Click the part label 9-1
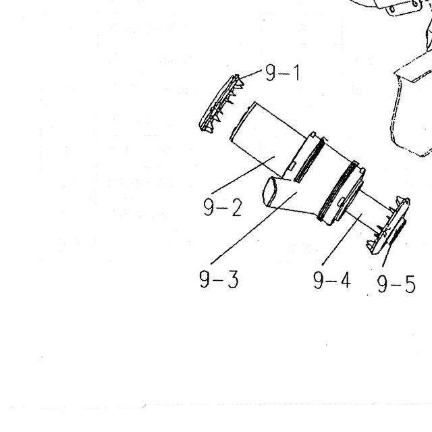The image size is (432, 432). (282, 72)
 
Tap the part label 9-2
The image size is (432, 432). (223, 207)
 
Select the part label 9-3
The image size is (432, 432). (219, 279)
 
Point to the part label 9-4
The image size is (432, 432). (332, 280)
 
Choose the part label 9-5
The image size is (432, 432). (396, 283)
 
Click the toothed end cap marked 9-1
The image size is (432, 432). (221, 104)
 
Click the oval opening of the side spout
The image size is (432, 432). (269, 192)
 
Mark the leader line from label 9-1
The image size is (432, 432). (250, 74)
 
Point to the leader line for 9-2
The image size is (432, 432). (243, 175)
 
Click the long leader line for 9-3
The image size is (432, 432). (254, 228)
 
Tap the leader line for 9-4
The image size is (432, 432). (342, 239)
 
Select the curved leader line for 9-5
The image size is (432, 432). (385, 255)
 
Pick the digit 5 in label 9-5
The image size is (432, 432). (410, 284)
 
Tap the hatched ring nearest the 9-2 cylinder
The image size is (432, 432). (309, 160)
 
